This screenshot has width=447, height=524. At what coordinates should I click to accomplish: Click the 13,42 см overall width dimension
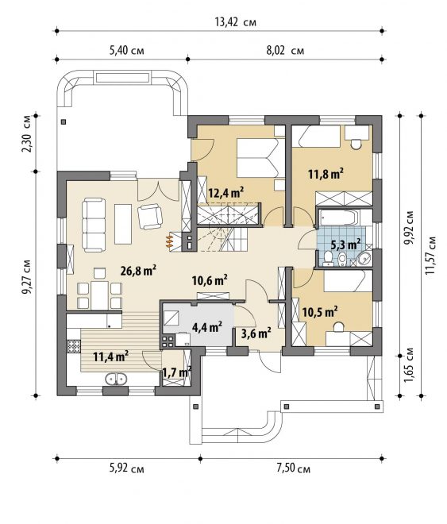tap(236, 22)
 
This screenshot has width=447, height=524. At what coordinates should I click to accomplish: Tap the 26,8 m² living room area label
tap(139, 271)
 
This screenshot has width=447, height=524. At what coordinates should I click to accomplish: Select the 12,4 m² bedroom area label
tap(225, 192)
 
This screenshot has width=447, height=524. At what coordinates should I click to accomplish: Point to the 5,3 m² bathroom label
tap(346, 245)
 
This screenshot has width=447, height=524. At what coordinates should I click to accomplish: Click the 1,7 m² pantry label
tap(176, 372)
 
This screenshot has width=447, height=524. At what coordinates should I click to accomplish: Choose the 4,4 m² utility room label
tap(207, 327)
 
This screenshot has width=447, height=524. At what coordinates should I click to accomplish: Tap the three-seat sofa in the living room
tap(94, 225)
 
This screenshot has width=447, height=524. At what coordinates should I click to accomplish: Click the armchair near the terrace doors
tap(150, 217)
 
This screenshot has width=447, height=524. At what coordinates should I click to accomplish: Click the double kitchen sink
tap(116, 379)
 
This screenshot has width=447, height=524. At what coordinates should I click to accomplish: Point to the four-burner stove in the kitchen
tap(74, 346)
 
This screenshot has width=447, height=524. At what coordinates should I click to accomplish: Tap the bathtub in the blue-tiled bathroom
tap(338, 218)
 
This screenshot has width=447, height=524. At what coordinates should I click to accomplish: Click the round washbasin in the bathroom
tap(364, 258)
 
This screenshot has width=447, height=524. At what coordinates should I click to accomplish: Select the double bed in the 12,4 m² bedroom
tap(261, 158)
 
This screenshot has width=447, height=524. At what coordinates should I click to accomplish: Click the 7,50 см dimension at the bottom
tap(293, 468)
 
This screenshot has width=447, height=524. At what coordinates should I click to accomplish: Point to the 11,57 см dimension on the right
tap(430, 256)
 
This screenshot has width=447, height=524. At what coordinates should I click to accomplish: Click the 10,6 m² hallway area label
tap(210, 279)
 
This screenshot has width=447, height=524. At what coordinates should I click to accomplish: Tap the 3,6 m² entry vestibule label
tap(256, 333)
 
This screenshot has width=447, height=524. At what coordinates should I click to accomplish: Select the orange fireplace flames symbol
tap(170, 241)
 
